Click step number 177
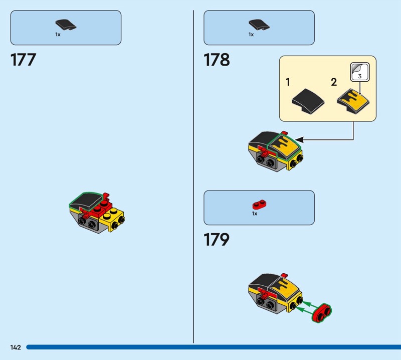pyautogui.click(x=23, y=60)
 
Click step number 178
pyautogui.click(x=217, y=60)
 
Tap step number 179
pyautogui.click(x=217, y=240)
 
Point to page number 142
pyautogui.click(x=16, y=347)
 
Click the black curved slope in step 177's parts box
pyautogui.click(x=66, y=25)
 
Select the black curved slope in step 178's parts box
pyautogui.click(x=259, y=25)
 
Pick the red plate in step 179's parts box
pyautogui.click(x=259, y=205)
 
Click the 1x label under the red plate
pyautogui.click(x=255, y=214)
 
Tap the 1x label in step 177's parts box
pyautogui.click(x=58, y=34)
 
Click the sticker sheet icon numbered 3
pyautogui.click(x=360, y=72)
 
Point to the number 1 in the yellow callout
pyautogui.click(x=288, y=82)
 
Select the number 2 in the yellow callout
pyautogui.click(x=334, y=82)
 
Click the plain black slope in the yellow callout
pyautogui.click(x=308, y=101)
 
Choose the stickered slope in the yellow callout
pyautogui.click(x=353, y=101)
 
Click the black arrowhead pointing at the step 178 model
pyautogui.click(x=299, y=140)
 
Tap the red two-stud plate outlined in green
pyautogui.click(x=322, y=313)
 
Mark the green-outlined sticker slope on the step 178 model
pyautogui.click(x=283, y=147)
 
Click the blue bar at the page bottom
pyautogui.click(x=214, y=347)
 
